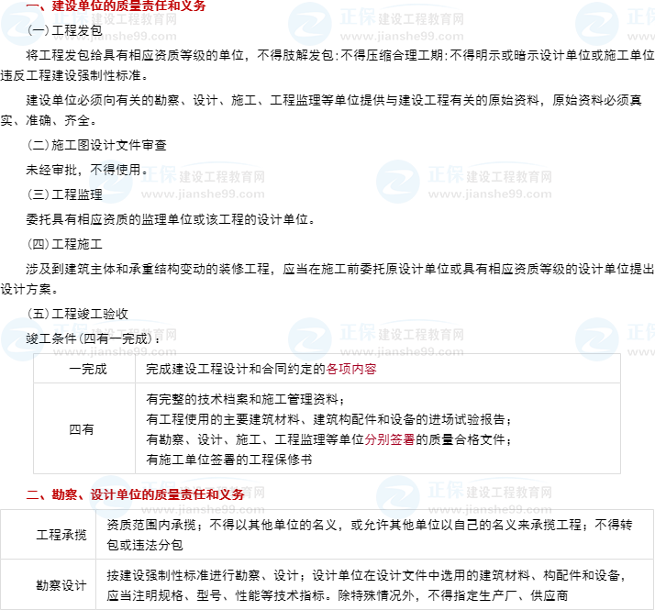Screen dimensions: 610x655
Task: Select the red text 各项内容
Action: coord(351,369)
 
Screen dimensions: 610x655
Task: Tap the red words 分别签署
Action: coord(390,439)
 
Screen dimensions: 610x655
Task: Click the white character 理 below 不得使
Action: coord(96,194)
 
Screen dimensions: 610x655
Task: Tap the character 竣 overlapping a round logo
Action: coord(34,339)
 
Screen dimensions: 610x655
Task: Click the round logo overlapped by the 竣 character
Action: coord(22,339)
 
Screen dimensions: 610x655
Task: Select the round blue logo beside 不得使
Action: coord(111,182)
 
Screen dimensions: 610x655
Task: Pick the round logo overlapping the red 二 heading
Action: coord(111,496)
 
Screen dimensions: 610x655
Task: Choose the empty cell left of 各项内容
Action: coord(84,369)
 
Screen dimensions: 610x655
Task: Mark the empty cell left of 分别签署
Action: coord(84,428)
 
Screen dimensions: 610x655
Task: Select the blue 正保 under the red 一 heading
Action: coord(71,17)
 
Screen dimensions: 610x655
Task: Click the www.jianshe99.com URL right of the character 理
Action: coord(203,194)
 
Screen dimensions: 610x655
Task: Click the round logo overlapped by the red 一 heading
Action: coord(22,24)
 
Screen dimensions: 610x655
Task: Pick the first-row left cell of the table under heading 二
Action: coord(48,534)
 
